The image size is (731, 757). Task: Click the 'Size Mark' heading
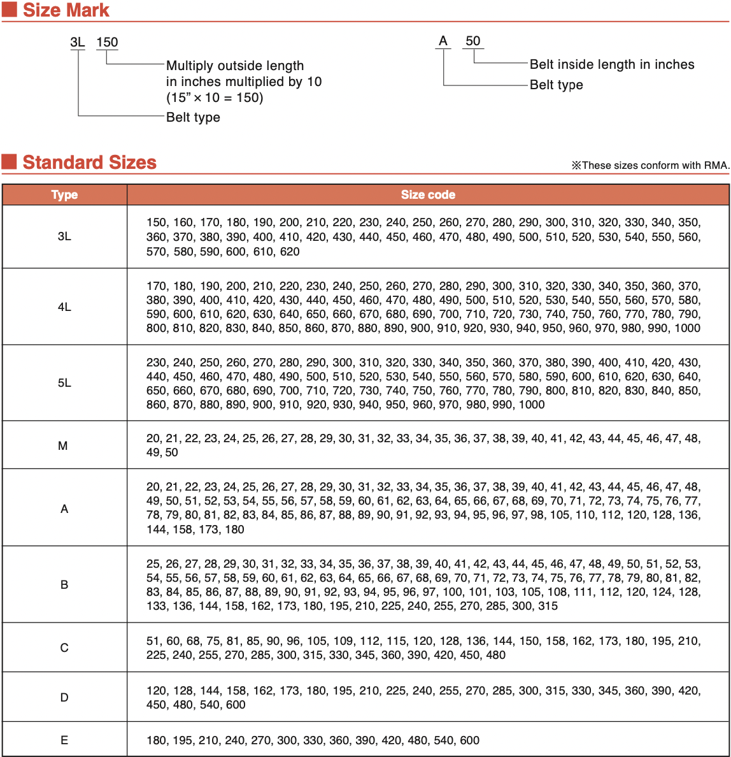pos(66,10)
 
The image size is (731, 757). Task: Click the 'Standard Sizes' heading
pos(89,162)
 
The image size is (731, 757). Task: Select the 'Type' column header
pos(64,195)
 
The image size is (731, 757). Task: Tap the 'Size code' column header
pos(428,195)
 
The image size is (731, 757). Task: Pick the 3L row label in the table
pos(64,236)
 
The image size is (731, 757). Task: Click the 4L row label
pos(64,307)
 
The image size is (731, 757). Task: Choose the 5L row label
pos(64,383)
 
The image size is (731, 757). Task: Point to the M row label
pos(63,446)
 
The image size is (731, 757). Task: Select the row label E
pos(64,740)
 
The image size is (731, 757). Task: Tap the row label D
pos(64,698)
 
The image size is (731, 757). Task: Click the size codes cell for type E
pos(313,740)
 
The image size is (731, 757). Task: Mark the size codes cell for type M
pos(423,445)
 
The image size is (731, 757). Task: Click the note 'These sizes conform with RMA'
pos(650,166)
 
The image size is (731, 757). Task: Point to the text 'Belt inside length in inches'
pos(612,64)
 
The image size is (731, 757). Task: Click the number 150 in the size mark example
pos(107,42)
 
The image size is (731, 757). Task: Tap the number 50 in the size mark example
pos(472,41)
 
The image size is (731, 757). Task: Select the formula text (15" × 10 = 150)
pos(215,97)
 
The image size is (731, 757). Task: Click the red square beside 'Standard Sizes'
pos(9,161)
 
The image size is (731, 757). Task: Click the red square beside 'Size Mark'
pos(9,10)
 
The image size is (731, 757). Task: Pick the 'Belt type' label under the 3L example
pos(193,117)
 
